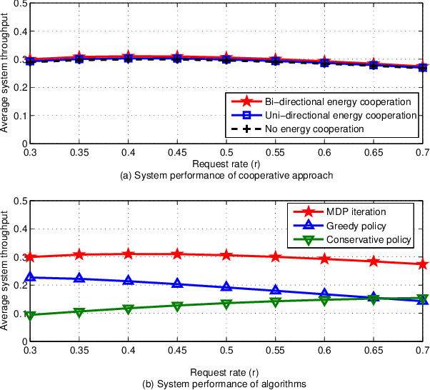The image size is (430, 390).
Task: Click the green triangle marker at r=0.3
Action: [x=30, y=315]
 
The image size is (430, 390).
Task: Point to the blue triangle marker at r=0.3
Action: [x=30, y=277]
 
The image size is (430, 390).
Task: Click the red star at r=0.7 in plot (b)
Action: [x=423, y=264]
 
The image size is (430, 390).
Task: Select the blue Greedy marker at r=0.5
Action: [x=226, y=287]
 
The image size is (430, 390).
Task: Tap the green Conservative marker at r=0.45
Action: [x=177, y=306]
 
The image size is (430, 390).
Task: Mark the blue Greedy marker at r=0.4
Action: [x=128, y=281]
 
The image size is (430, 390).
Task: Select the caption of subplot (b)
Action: [x=226, y=384]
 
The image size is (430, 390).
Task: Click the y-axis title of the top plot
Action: [x=6, y=74]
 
